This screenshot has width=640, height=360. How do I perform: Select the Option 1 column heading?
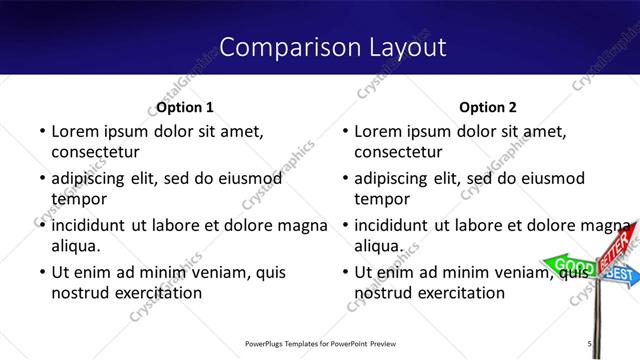[186, 107]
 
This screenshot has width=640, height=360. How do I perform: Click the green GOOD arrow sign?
[567, 265]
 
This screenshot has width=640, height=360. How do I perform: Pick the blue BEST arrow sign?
[621, 273]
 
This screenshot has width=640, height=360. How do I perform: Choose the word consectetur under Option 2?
[398, 152]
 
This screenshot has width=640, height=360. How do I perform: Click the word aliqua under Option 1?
[75, 245]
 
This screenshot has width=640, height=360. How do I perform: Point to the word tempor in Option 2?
[376, 199]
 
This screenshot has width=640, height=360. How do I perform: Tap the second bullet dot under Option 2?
[343, 179]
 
